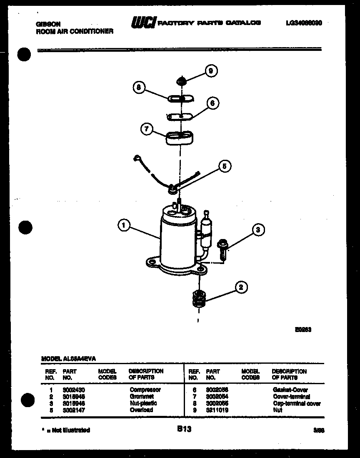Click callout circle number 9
tap(211, 71)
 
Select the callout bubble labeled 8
tap(139, 88)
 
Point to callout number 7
tap(146, 129)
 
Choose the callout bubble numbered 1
tap(123, 226)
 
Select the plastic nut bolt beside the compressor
tap(222, 249)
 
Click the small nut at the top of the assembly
tap(181, 80)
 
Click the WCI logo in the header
tap(143, 23)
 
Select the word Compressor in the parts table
tap(145, 390)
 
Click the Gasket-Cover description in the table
tap(290, 390)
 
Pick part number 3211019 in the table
tap(217, 410)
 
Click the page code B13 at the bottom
tap(184, 428)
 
